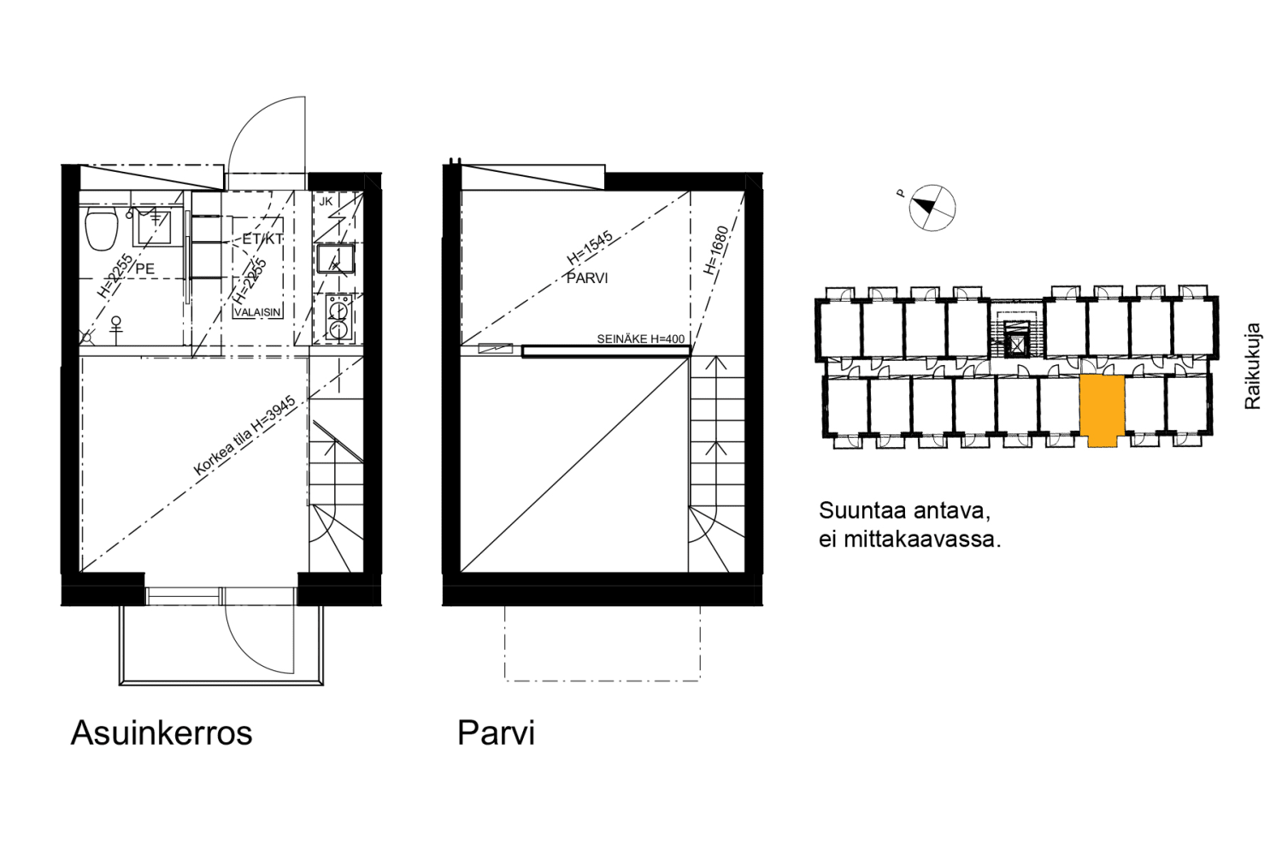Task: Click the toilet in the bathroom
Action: [102, 228]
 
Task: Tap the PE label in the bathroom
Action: [145, 268]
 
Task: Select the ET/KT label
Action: [262, 239]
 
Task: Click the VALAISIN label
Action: [257, 312]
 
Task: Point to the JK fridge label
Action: [326, 202]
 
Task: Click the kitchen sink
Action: [336, 258]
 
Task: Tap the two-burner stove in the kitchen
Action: [338, 318]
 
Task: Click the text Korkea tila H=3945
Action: [244, 435]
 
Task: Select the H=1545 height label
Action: [590, 247]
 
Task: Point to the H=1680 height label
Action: [716, 250]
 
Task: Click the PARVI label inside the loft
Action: [587, 278]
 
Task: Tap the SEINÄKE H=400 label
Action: [640, 339]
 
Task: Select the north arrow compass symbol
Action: [931, 207]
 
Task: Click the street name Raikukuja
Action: [1252, 366]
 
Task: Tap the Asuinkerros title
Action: [162, 733]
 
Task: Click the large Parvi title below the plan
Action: [496, 733]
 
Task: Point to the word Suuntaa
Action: [861, 511]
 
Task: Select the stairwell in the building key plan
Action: [1016, 335]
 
